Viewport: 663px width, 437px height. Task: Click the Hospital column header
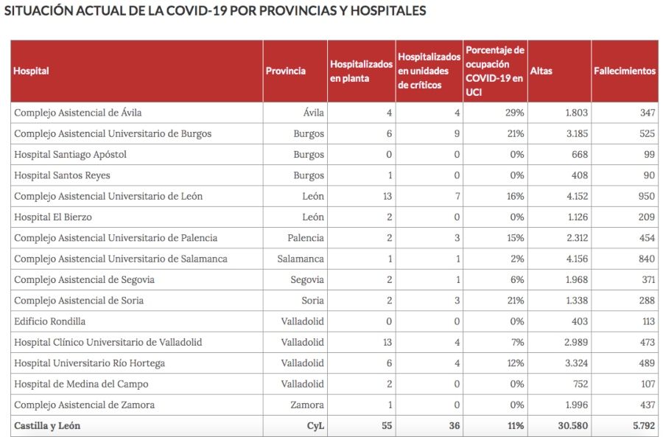click(32, 71)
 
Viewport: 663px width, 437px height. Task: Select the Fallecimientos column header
click(624, 71)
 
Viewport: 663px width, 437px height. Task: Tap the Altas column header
click(541, 71)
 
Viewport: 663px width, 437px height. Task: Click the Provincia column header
click(286, 71)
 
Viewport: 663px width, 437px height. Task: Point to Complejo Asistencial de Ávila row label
click(78, 113)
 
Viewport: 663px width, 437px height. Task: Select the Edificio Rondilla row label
click(50, 321)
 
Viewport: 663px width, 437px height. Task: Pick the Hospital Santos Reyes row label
click(62, 175)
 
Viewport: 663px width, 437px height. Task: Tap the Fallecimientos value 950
click(646, 196)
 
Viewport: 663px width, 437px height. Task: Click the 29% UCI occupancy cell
click(514, 113)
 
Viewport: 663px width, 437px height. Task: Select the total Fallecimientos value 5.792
click(641, 425)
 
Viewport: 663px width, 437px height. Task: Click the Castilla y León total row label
click(47, 425)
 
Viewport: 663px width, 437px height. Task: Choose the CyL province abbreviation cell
click(315, 425)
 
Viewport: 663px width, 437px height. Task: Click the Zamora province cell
click(308, 405)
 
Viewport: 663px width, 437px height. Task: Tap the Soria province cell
click(312, 301)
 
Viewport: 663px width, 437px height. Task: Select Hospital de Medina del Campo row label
click(81, 384)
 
